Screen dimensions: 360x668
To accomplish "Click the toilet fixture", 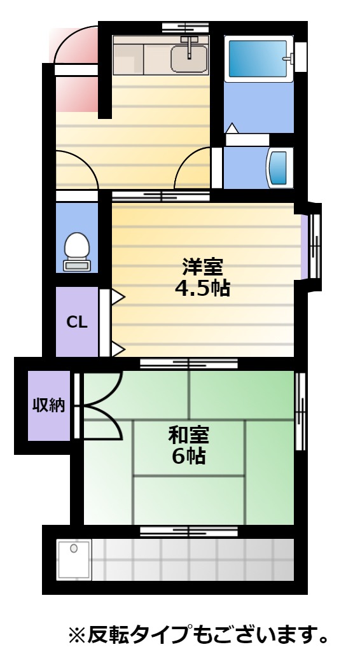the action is [x=77, y=251].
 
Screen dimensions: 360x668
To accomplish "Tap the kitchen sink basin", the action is [x=189, y=59].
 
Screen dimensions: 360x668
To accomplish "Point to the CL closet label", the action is [x=77, y=322].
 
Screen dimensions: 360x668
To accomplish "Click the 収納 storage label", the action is [x=49, y=405].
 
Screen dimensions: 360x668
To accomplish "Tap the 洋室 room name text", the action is [x=202, y=267].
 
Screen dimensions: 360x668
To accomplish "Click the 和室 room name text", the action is [x=189, y=435].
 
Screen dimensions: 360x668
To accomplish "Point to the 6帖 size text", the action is [x=189, y=456].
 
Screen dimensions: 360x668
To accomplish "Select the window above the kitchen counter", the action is [x=186, y=29].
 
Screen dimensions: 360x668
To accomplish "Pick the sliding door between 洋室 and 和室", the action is [x=189, y=363].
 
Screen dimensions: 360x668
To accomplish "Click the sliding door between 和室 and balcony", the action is [x=189, y=531].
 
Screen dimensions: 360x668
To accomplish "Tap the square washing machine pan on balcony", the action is [x=74, y=559].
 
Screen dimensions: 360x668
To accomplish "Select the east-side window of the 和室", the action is [x=301, y=411].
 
